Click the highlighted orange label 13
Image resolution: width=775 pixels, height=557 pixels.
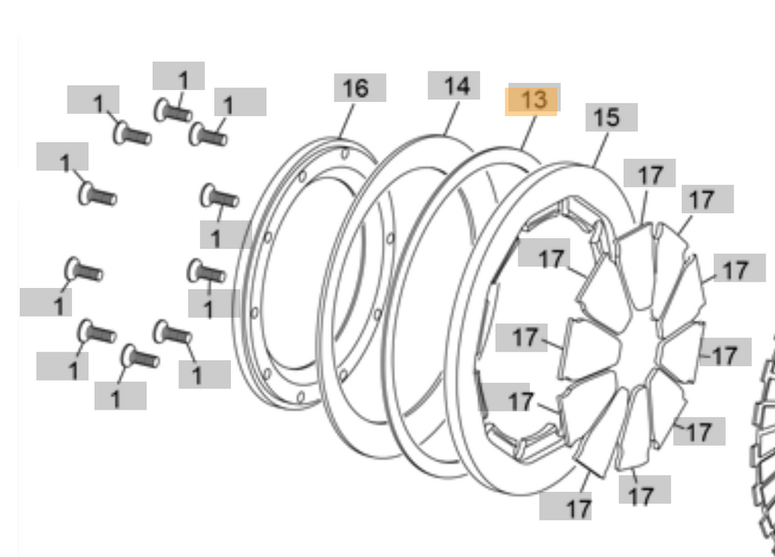[532, 100]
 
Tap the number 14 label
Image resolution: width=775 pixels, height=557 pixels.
[454, 85]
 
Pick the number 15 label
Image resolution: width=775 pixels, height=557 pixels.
[611, 117]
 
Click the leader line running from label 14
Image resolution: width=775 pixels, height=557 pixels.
[449, 118]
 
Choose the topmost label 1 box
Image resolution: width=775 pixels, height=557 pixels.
[179, 76]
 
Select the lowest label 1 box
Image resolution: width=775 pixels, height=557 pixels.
[119, 395]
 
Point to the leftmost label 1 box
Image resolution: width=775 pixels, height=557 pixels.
[45, 302]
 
